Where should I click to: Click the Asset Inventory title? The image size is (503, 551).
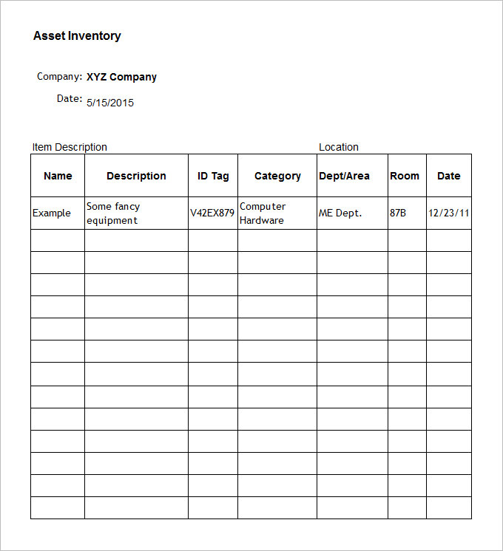click(x=77, y=35)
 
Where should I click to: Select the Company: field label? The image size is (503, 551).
click(x=59, y=76)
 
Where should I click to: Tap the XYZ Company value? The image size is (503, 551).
click(x=121, y=77)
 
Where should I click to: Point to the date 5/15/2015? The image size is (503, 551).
click(x=110, y=103)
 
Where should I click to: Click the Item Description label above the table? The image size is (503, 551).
click(x=70, y=147)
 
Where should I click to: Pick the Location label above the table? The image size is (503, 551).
click(x=339, y=147)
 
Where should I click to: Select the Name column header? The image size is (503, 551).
click(x=58, y=176)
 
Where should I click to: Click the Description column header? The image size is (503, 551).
click(x=136, y=176)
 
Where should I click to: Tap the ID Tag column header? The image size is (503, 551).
click(x=213, y=176)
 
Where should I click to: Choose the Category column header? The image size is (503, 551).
click(x=277, y=176)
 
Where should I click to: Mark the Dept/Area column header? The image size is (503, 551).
click(x=344, y=176)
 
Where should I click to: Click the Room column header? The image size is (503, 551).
click(x=405, y=176)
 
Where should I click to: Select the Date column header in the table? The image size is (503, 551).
click(x=448, y=176)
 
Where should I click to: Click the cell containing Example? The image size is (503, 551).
click(x=52, y=213)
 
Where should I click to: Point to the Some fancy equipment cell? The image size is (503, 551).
click(x=113, y=213)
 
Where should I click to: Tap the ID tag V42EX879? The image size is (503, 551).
click(x=212, y=213)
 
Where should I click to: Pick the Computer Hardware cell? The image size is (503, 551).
click(x=263, y=213)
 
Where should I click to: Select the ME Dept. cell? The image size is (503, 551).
click(x=340, y=213)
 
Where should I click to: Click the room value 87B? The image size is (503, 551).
click(x=398, y=213)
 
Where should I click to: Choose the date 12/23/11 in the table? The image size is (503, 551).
click(x=449, y=213)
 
